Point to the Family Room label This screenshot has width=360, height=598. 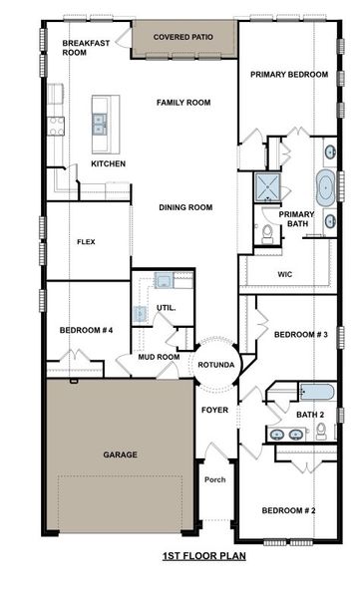181,102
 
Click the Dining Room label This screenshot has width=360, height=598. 186,207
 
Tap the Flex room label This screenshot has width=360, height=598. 87,241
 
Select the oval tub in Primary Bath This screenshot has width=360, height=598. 326,186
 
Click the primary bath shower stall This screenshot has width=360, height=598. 267,187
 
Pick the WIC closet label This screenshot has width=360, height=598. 283,272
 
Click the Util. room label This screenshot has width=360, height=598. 166,308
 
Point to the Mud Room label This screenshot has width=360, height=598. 159,356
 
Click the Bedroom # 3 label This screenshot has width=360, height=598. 301,334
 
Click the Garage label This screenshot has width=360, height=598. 120,454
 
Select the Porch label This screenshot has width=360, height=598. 214,479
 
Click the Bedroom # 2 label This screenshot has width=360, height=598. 288,510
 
